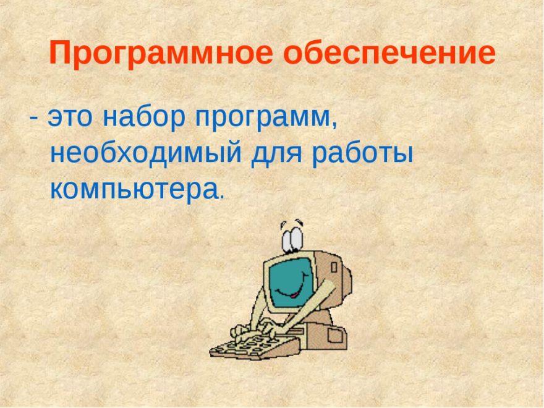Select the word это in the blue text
point(70,117)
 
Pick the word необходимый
point(146,153)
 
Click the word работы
point(362,153)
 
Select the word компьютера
point(134,190)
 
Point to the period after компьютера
point(222,197)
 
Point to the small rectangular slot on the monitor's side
point(334,267)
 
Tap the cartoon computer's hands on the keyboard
point(255,329)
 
